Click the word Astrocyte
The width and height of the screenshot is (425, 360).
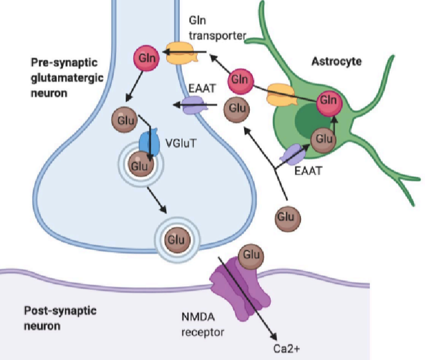tap(336, 61)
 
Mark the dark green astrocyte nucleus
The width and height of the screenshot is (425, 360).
tap(302, 121)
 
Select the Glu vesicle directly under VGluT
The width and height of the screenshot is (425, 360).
tap(138, 165)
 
